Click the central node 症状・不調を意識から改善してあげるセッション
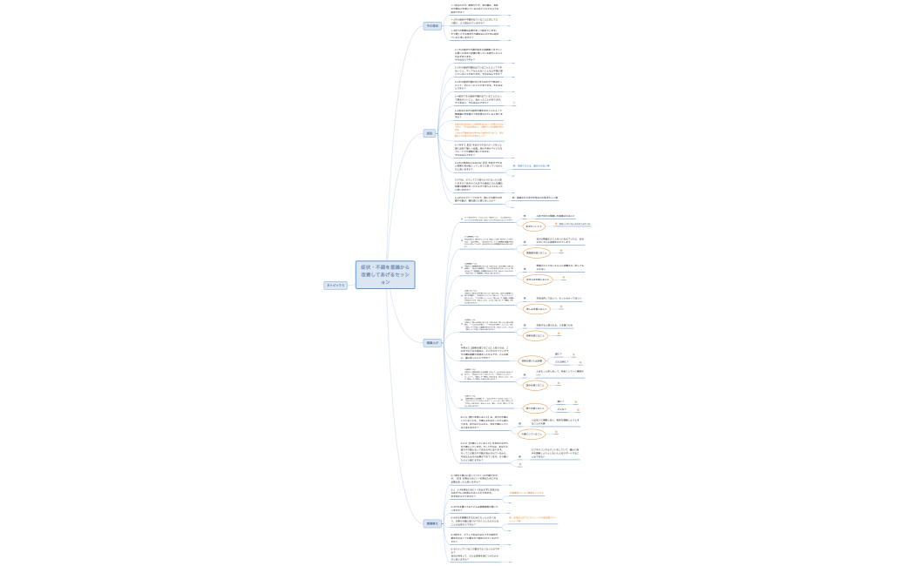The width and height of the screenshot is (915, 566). tap(385, 274)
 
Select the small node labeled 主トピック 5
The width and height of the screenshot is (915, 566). tap(335, 285)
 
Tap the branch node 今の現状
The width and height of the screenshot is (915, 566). tap(432, 26)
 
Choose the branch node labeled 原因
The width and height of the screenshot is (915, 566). tap(429, 133)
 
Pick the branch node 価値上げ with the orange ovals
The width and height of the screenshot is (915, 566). tap(432, 343)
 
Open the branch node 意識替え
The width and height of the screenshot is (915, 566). tap(431, 523)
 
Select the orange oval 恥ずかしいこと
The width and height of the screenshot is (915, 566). tap(534, 226)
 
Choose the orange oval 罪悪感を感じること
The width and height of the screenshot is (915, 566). tap(537, 253)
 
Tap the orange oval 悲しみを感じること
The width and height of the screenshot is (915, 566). tap(537, 308)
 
